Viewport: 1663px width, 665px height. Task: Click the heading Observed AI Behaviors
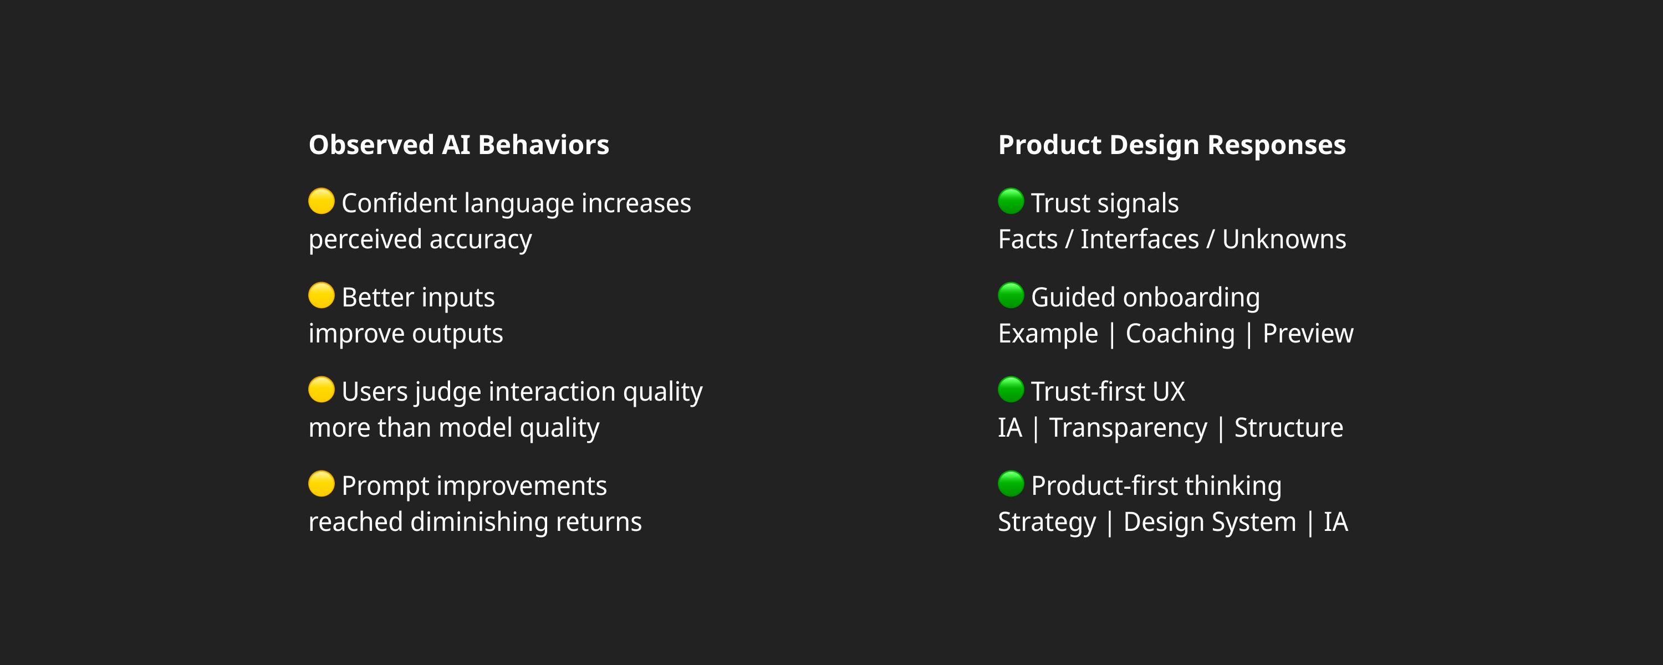459,145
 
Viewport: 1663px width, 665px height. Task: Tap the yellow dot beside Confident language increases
322,201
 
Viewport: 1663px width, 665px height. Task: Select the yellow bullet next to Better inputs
322,295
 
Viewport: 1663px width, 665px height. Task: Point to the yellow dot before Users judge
322,390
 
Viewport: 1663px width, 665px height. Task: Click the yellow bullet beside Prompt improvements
322,484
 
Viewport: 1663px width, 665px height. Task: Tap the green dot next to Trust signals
1011,201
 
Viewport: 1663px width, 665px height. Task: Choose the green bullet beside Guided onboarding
1011,295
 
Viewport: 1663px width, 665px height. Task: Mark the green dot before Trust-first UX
1011,390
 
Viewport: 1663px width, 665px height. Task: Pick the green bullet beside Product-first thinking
1011,484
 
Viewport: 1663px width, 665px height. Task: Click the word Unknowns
1284,239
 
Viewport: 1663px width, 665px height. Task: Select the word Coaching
1180,334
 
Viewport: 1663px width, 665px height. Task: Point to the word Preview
1308,334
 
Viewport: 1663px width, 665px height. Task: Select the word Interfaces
1140,239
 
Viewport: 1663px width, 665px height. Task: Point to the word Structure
1289,428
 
